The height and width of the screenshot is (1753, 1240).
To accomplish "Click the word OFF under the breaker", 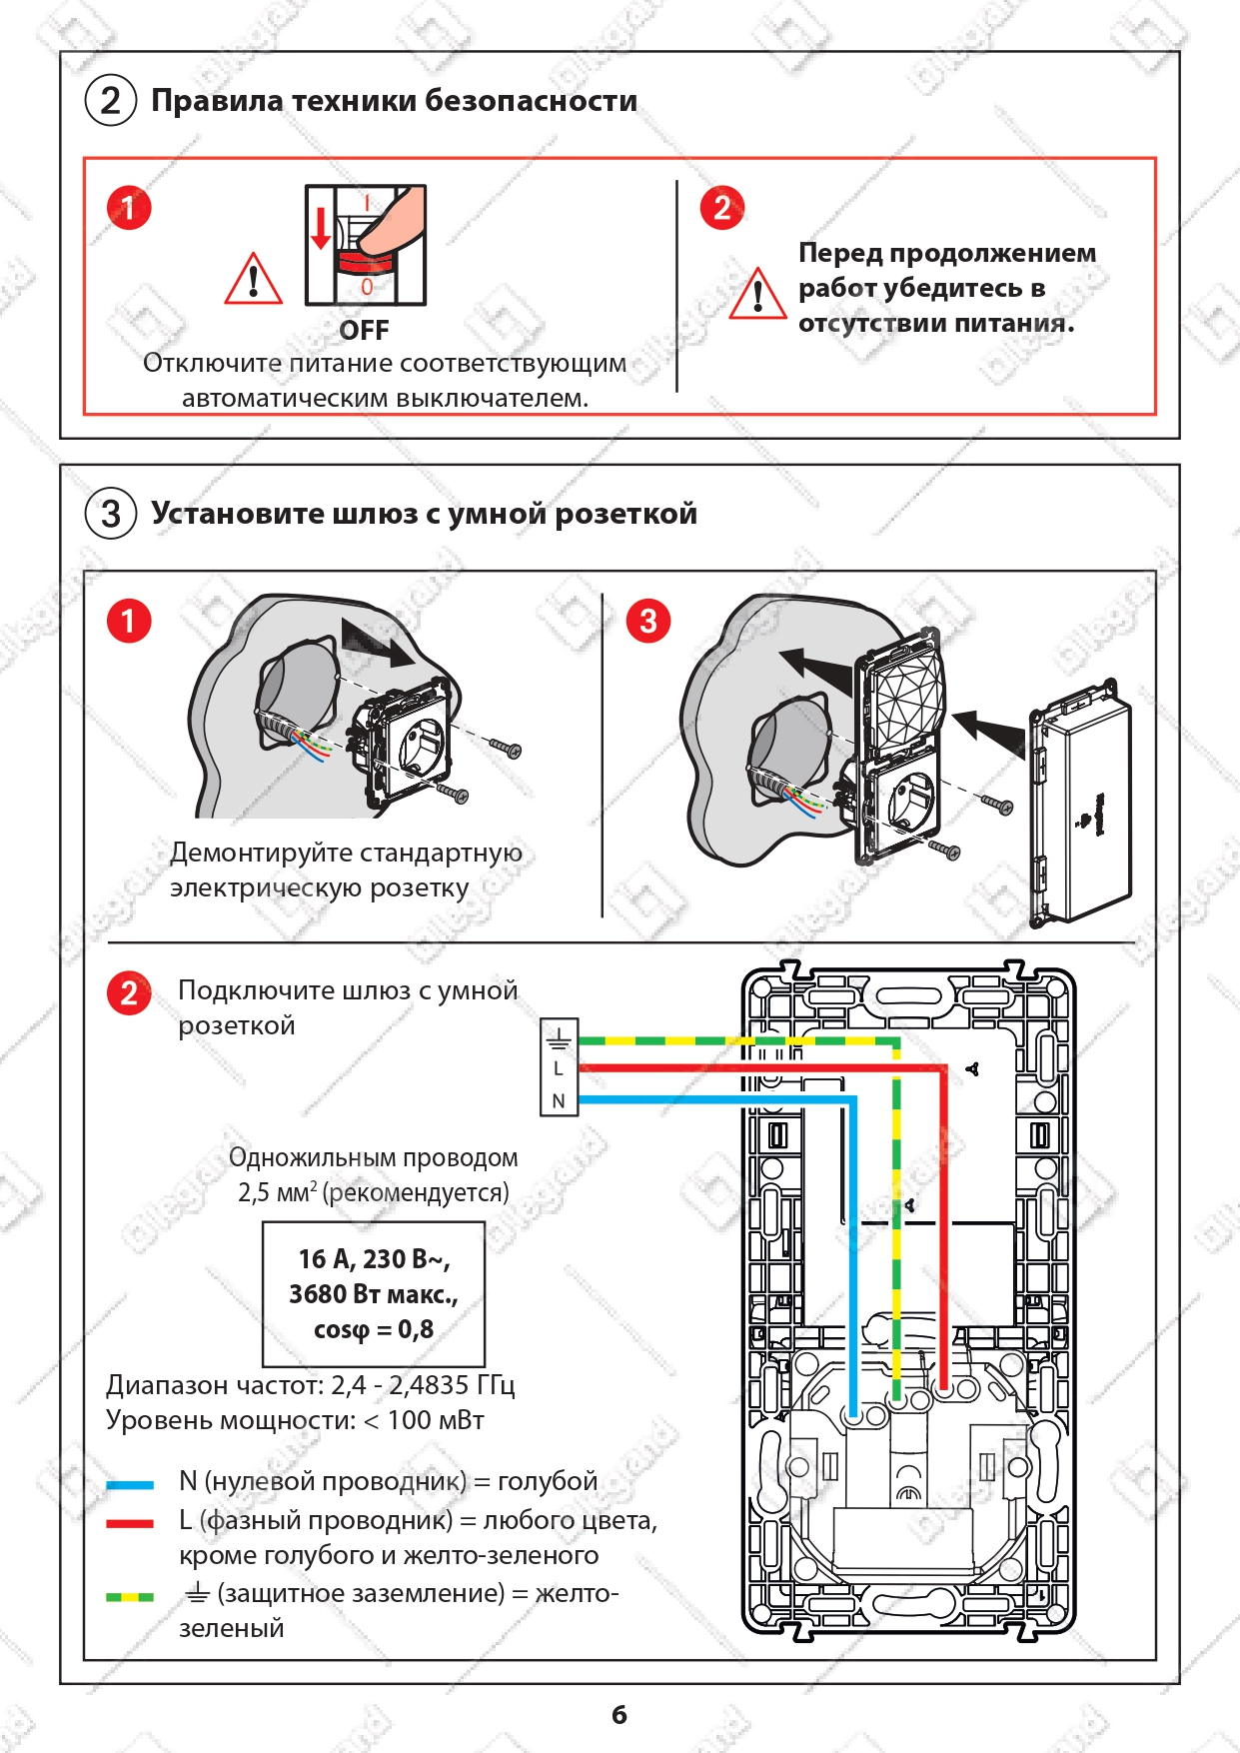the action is point(364,330).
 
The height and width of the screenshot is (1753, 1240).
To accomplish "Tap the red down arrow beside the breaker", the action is point(320,228).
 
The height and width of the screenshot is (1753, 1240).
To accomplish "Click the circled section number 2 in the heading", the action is point(111,101).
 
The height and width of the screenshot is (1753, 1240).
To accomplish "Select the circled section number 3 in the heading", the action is point(111,514).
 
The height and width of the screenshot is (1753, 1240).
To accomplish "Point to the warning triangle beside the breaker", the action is point(253,279).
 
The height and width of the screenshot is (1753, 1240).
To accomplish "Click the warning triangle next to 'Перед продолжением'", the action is point(757,294).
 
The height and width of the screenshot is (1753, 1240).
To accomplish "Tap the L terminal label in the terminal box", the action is point(559,1068).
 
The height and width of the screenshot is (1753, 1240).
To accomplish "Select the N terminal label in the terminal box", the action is point(559,1101).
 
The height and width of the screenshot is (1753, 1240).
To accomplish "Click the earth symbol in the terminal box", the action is point(559,1037).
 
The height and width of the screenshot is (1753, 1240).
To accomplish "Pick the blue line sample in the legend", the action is point(130,1485).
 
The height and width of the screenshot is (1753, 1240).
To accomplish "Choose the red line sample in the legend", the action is point(130,1523).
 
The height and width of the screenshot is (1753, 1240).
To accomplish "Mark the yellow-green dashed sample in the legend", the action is point(130,1597).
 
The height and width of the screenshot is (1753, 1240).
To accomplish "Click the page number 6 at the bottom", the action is point(620,1715).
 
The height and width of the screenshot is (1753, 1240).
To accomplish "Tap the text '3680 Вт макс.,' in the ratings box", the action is point(374,1294).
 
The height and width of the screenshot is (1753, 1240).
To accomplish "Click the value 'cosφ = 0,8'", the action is point(374,1329).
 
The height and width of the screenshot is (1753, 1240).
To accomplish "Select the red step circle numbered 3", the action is point(648,621).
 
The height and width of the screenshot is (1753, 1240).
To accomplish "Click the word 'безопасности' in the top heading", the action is point(531,101).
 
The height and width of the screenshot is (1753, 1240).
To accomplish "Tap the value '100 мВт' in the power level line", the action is point(436,1420).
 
